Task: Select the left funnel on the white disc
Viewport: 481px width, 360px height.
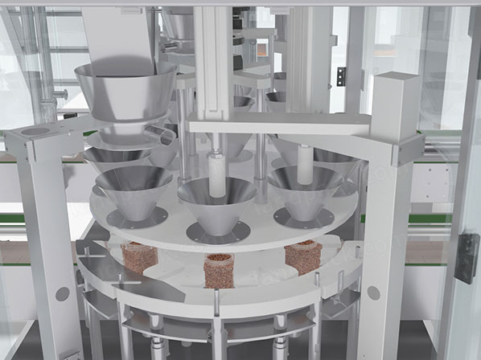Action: pyautogui.click(x=134, y=188)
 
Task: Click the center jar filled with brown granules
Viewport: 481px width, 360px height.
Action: pyautogui.click(x=218, y=271)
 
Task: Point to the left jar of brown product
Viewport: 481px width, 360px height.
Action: pyautogui.click(x=139, y=256)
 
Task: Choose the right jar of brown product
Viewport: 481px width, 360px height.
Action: pyautogui.click(x=303, y=256)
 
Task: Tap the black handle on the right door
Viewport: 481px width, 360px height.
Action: pyautogui.click(x=466, y=258)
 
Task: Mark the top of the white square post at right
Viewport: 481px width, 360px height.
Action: pyautogui.click(x=395, y=80)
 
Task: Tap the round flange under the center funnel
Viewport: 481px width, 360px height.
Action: pyautogui.click(x=218, y=232)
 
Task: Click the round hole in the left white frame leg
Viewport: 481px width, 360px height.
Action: pyautogui.click(x=62, y=293)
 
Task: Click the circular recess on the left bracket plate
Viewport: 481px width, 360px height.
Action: pyautogui.click(x=35, y=132)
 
